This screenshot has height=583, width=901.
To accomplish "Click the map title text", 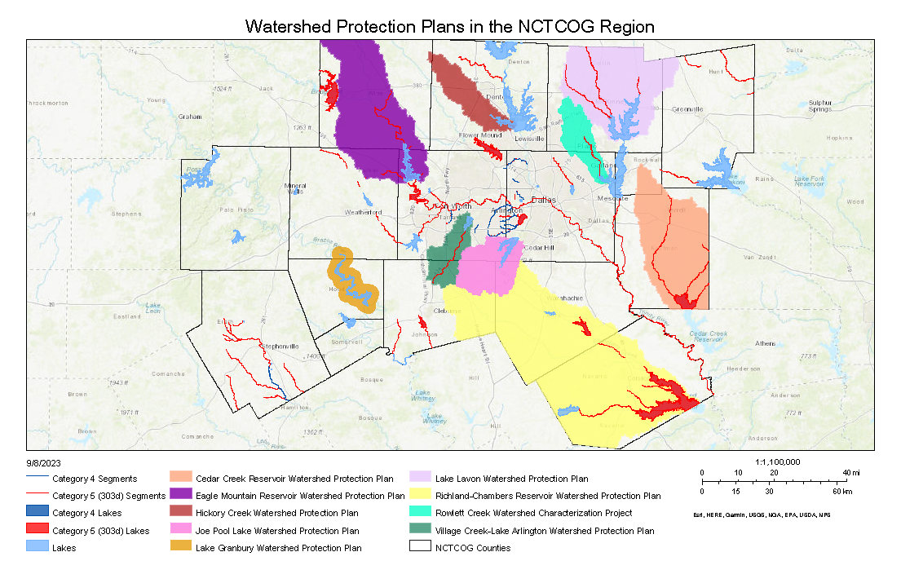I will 450,26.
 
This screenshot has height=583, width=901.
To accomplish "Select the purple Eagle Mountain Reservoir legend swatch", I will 180,496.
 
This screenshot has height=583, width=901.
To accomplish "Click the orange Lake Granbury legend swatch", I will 180,548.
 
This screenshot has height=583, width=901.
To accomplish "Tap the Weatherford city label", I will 364,212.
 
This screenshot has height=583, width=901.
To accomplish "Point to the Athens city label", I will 765,343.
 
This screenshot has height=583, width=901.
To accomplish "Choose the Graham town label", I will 189,117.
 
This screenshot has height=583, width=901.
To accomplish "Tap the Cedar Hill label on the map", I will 538,247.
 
